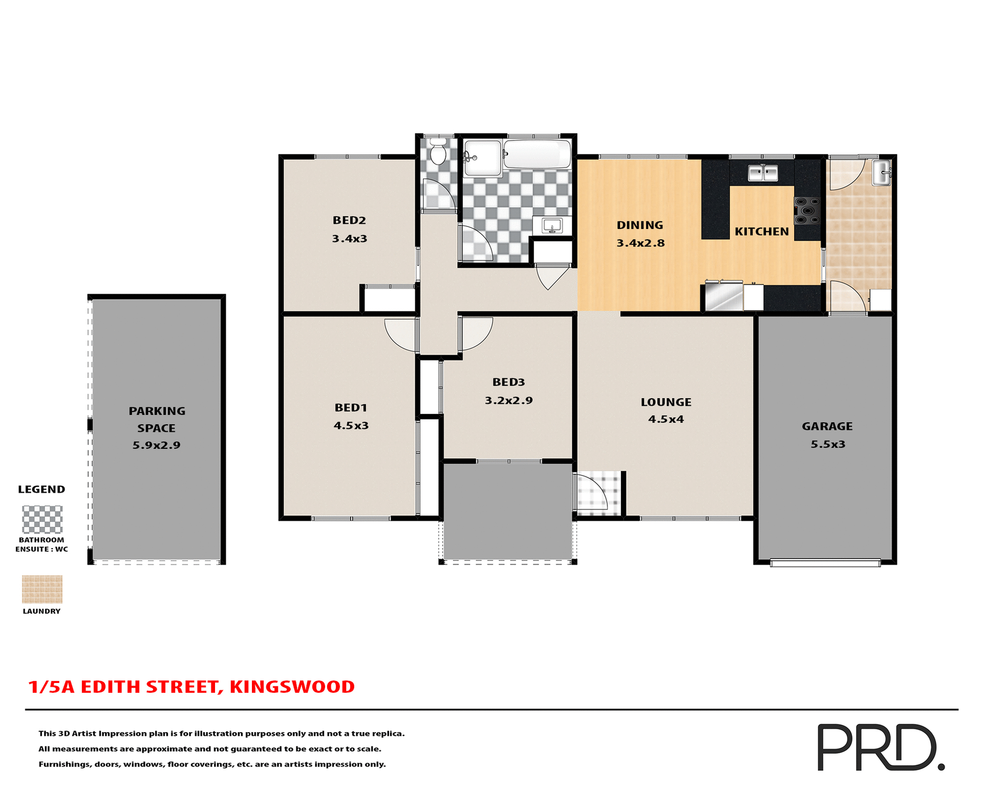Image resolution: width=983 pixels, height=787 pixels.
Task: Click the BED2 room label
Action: point(349,220)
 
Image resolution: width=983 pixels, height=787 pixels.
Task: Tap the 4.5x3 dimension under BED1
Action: point(351,425)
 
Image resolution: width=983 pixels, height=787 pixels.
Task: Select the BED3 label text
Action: point(508,382)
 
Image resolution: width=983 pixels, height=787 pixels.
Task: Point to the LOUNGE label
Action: point(666,402)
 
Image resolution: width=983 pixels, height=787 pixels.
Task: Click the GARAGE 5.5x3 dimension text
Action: point(827,444)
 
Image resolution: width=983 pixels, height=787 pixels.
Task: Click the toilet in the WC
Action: point(437,153)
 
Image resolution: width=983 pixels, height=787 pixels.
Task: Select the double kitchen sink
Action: point(762,173)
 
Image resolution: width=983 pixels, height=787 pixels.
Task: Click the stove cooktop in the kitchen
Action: point(807,211)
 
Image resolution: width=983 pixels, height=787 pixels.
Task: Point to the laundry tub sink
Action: point(882,173)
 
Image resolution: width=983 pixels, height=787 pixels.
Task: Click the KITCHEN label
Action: point(761,232)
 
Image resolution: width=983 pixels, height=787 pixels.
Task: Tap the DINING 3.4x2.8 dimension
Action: point(640,243)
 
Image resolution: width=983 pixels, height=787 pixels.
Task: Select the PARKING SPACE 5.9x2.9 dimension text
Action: point(156,445)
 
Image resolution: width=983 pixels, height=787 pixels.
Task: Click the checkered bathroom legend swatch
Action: point(42,519)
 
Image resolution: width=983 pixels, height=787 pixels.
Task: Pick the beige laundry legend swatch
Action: point(42,589)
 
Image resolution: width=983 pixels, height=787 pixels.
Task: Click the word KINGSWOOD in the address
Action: point(292,687)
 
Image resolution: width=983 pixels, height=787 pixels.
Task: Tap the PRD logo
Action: point(880,747)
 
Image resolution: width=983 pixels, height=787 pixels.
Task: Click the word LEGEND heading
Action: point(41,489)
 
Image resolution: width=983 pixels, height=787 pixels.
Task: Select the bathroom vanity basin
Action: point(551,225)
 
